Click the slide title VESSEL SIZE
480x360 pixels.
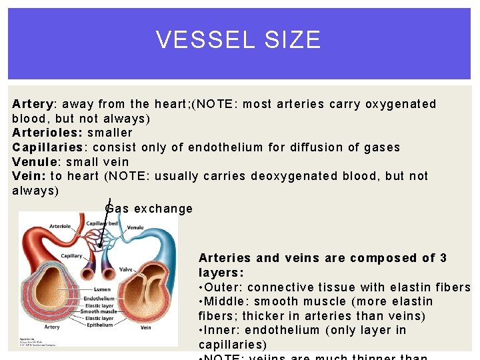[239, 40]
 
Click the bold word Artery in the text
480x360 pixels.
[33, 104]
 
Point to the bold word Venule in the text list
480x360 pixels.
[33, 162]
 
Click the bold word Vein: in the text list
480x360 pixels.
[29, 176]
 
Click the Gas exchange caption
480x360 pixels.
[149, 209]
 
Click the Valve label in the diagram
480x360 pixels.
[125, 270]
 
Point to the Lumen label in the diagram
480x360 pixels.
[102, 289]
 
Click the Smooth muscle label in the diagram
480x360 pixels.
[98, 311]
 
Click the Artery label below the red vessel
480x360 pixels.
[51, 327]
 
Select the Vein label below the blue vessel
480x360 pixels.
[145, 327]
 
